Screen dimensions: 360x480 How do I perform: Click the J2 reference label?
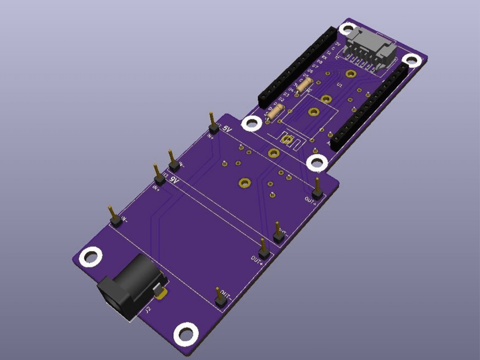[x=148, y=310]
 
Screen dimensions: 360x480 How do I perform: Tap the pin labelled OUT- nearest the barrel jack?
[x=220, y=298]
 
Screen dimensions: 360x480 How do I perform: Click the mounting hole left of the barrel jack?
[x=90, y=256]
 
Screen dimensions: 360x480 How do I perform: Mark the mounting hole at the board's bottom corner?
[x=186, y=334]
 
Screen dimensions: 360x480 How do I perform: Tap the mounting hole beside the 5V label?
[x=252, y=124]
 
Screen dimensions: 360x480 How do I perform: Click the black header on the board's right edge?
[x=370, y=106]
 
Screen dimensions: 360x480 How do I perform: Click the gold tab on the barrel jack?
[x=162, y=293]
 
